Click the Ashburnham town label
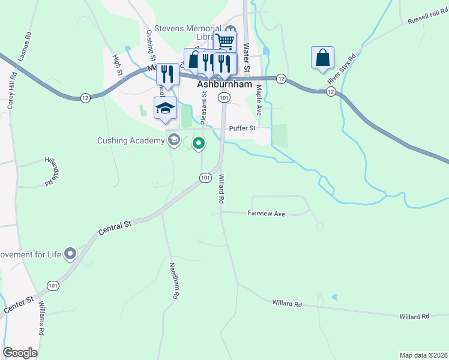click(x=224, y=85)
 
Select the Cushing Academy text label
click(x=131, y=141)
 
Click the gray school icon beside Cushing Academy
click(x=174, y=140)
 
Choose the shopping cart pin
click(x=224, y=42)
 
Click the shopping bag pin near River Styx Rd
click(x=323, y=58)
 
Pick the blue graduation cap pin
click(x=165, y=108)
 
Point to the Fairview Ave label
click(x=266, y=213)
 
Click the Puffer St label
click(x=243, y=128)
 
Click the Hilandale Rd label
click(x=52, y=170)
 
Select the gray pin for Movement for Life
click(x=70, y=254)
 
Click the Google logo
click(x=20, y=353)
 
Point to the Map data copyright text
click(x=423, y=355)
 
